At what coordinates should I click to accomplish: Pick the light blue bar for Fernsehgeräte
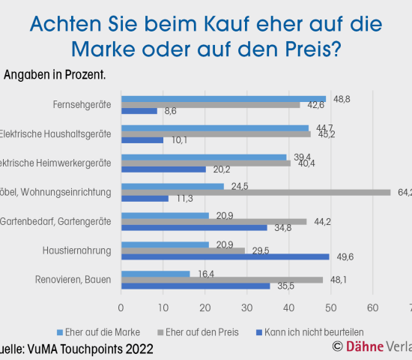223,98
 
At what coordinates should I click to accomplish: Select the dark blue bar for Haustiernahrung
225,256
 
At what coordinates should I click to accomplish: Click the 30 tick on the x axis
246,307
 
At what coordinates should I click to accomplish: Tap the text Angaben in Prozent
55,75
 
